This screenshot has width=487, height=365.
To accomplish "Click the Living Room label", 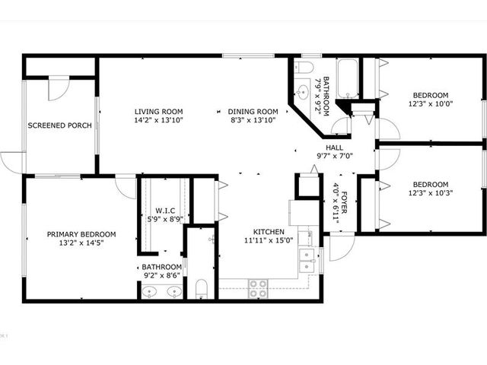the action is pos(159,112).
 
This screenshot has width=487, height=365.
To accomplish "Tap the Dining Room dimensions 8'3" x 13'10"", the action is pos(253,120).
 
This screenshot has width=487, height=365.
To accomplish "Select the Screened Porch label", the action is pos(59,125).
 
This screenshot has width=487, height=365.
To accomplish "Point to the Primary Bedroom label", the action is pos(81,234).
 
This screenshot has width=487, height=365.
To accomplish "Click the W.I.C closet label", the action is pos(165,211).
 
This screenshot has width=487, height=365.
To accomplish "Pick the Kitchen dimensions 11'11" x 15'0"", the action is pos(269,240).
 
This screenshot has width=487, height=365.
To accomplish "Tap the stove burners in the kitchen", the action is pos(258,289).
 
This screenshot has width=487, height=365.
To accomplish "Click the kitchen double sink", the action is pos(307,260).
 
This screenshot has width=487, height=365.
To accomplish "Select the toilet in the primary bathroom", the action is pos(202,289).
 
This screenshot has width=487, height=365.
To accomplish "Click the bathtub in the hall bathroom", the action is pos(347,78).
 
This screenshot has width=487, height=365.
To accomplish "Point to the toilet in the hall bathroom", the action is pos(303,67).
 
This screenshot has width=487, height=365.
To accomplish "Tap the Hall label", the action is pos(335,148).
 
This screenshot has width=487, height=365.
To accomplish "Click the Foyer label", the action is pos(344,203).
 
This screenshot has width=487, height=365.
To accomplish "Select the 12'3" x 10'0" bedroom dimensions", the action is pos(431,103).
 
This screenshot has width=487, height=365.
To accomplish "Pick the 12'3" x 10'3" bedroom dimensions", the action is pos(431,192).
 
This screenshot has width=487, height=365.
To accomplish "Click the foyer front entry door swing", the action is pos(342,246).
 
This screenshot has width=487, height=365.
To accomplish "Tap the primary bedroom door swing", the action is pos(126,187).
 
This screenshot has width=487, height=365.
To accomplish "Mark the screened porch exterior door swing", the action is pos(11,162).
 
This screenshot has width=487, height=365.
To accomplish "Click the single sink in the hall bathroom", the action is pos(301,91).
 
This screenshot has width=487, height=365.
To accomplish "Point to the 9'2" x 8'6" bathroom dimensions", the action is pos(162,275).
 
